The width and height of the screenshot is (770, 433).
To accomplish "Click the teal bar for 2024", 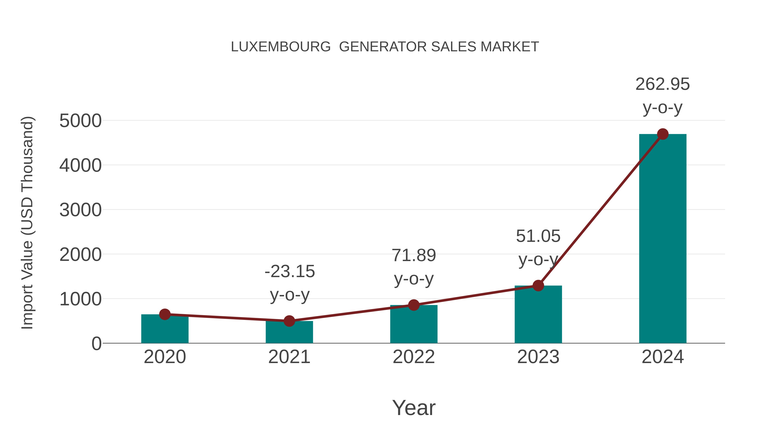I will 662,239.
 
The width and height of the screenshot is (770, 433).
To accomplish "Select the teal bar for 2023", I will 538,315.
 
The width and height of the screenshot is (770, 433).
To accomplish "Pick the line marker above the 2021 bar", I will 289,321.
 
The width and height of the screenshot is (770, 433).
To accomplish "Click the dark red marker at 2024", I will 663,134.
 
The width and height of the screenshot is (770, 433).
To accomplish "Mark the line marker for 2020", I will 165,314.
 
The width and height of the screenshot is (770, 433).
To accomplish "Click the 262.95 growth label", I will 662,84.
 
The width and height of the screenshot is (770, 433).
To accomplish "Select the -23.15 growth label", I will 290,272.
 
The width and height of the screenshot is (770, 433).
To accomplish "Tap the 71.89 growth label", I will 414,256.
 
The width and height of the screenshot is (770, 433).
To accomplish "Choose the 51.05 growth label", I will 538,236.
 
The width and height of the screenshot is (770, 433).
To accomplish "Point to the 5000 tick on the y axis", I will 80,121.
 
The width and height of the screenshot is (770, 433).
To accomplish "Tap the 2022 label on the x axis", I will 414,357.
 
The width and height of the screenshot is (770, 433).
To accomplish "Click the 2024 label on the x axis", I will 662,357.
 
